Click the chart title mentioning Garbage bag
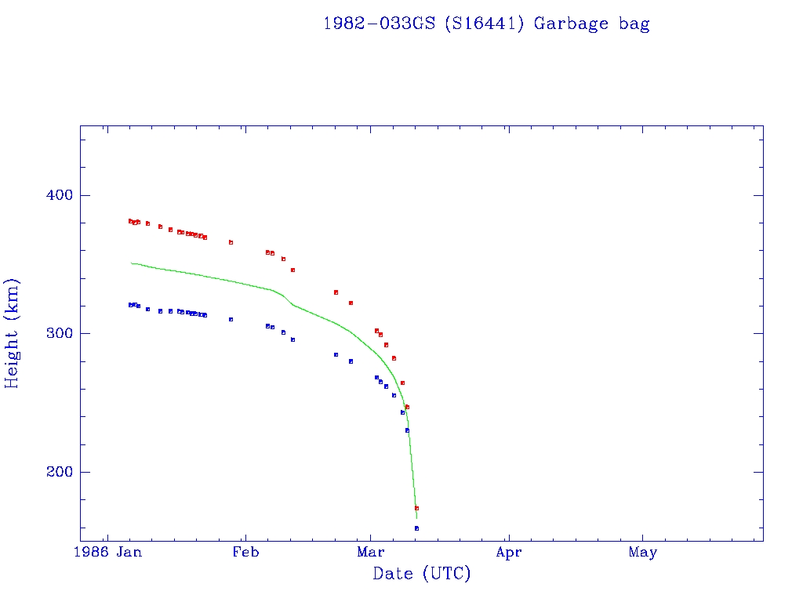[486, 24]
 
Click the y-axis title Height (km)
[12, 333]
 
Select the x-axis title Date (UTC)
[422, 574]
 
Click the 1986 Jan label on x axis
[112, 553]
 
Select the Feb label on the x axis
[245, 553]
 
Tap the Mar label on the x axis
[371, 553]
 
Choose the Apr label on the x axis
[509, 553]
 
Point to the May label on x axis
[642, 553]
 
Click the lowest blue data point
[416, 528]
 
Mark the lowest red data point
[416, 508]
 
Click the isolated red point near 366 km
[231, 242]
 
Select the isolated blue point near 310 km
[231, 319]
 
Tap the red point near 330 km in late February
[336, 292]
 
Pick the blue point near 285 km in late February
[336, 354]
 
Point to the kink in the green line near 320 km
[292, 304]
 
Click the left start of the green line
[131, 263]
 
